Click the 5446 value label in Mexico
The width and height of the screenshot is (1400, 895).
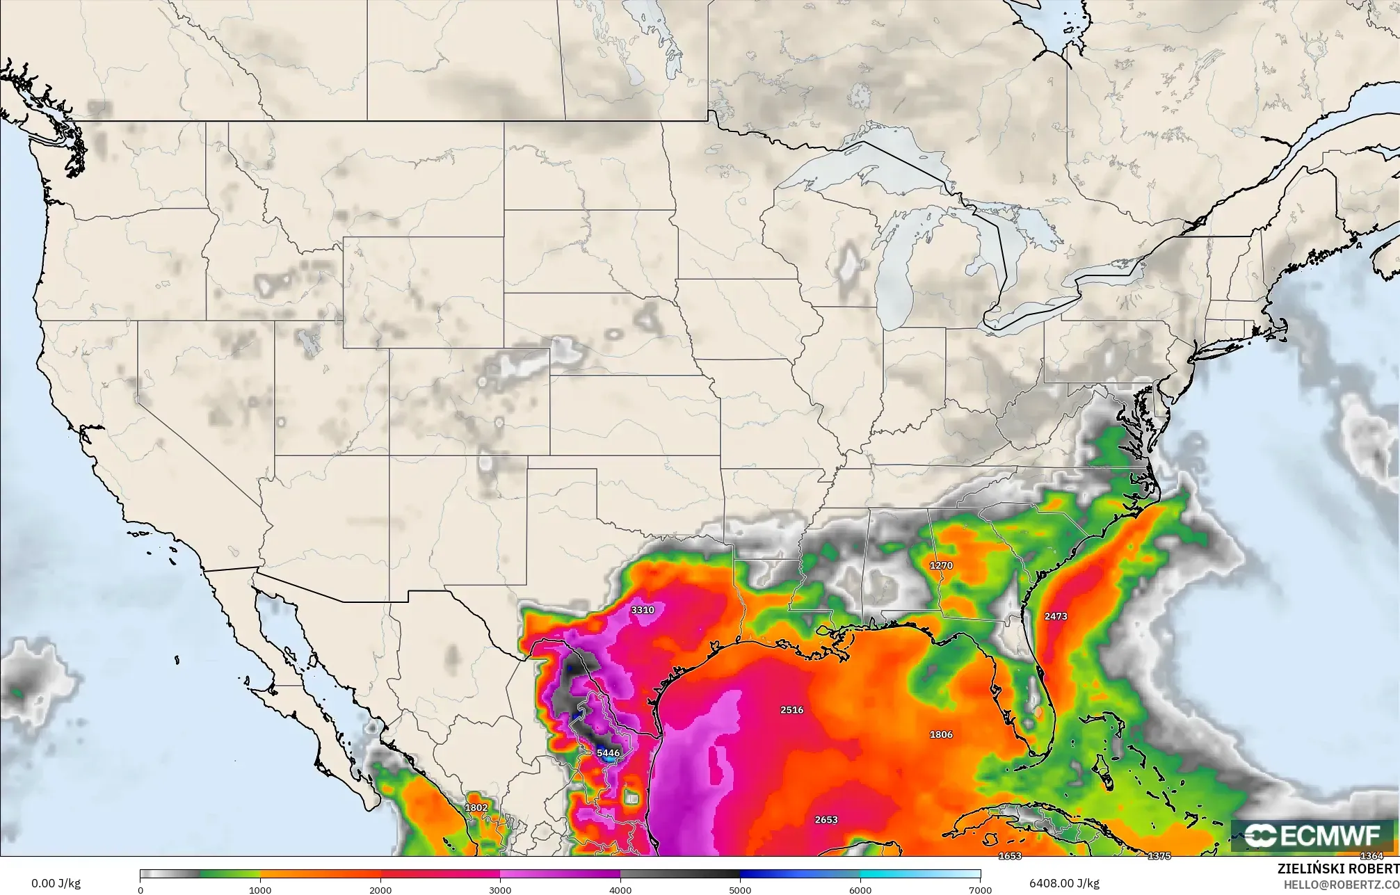pos(608,752)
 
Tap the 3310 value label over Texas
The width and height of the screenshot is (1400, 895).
pos(642,610)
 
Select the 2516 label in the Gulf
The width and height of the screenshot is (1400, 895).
pos(791,710)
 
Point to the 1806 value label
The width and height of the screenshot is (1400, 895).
pos(941,734)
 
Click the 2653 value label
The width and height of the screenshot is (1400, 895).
pos(826,820)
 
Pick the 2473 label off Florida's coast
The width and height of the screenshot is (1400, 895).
pos(1055,616)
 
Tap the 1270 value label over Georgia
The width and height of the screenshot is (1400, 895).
pos(941,565)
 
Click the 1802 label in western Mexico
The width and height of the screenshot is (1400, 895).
pos(476,807)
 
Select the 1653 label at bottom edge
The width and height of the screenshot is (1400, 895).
pos(1010,856)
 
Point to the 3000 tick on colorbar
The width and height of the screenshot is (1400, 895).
pos(500,890)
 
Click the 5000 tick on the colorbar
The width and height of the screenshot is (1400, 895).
pos(740,890)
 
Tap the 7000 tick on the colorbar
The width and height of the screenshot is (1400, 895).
pos(980,890)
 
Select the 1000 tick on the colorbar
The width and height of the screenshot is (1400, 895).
pos(260,890)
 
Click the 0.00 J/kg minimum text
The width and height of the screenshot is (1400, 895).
pos(56,884)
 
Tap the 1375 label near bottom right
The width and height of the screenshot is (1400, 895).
pos(1159,856)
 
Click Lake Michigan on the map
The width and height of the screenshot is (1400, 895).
pos(892,278)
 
